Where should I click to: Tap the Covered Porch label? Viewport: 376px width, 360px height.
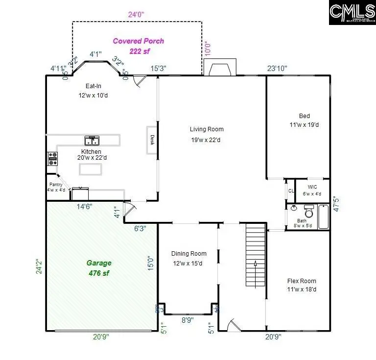point(139,41)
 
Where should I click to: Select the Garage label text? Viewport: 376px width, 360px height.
point(99,263)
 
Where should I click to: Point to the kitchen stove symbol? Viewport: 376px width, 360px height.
point(52,158)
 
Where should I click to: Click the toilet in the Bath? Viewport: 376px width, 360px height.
point(309,212)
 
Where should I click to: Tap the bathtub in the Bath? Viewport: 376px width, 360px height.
point(324,217)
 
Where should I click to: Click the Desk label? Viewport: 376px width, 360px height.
point(152,141)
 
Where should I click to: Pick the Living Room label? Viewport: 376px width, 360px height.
point(207,129)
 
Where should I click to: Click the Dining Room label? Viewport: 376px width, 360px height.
point(188,254)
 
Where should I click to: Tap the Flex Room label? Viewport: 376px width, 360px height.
point(301,281)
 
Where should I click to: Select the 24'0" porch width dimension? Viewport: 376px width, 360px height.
point(137,15)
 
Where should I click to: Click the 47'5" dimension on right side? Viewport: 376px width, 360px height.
point(335,204)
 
